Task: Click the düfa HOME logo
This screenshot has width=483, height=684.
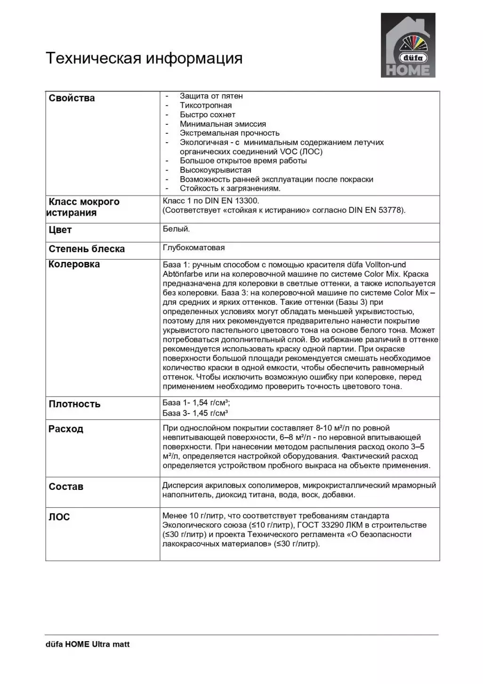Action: click(408, 45)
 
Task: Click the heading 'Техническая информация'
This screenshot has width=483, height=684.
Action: click(144, 58)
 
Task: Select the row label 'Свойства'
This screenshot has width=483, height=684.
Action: click(72, 98)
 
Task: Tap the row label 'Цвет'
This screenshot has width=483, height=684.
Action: click(60, 230)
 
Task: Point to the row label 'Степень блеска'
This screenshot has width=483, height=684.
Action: click(87, 249)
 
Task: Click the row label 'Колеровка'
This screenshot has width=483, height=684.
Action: click(74, 264)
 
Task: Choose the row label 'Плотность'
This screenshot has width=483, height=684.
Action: click(74, 404)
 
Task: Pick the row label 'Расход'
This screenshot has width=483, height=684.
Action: click(66, 429)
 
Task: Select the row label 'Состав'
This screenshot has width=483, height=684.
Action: click(66, 487)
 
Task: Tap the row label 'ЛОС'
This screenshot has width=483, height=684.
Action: click(59, 517)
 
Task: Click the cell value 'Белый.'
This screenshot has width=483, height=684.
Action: click(177, 229)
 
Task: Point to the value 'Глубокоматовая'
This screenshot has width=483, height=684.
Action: click(193, 248)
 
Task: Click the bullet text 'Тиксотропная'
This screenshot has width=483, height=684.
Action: click(206, 106)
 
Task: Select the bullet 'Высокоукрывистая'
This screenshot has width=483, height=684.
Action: click(215, 170)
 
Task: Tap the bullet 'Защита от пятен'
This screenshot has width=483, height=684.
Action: click(211, 96)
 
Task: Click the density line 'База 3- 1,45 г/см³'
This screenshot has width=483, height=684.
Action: click(195, 413)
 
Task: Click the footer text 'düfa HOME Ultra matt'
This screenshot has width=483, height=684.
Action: click(88, 644)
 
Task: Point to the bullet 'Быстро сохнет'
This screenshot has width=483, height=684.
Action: click(208, 114)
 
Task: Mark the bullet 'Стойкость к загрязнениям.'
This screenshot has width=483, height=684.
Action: click(230, 188)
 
